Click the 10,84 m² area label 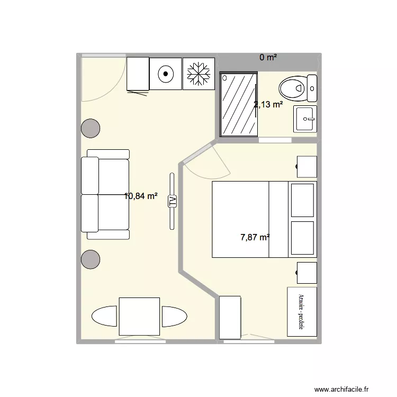coord(140,196)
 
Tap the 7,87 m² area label coord(255,237)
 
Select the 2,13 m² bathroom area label coord(268,104)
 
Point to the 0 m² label coord(268,57)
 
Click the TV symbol coord(172,201)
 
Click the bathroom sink coord(305,119)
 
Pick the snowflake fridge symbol coord(198,74)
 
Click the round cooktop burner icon coord(165,74)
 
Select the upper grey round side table coord(91,128)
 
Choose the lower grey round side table coord(91,259)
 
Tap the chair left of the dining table coord(105,317)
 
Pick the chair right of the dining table coord(174,317)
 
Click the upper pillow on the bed coord(302,200)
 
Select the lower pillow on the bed coord(302,238)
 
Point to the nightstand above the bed coord(306,166)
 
